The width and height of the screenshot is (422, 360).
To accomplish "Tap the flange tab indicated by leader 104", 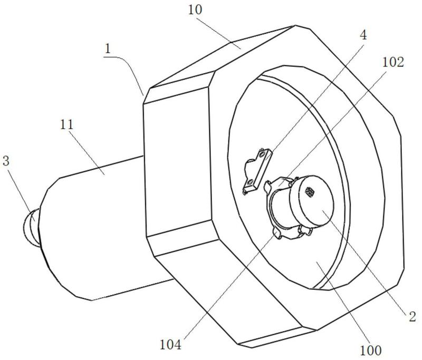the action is [277, 233].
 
